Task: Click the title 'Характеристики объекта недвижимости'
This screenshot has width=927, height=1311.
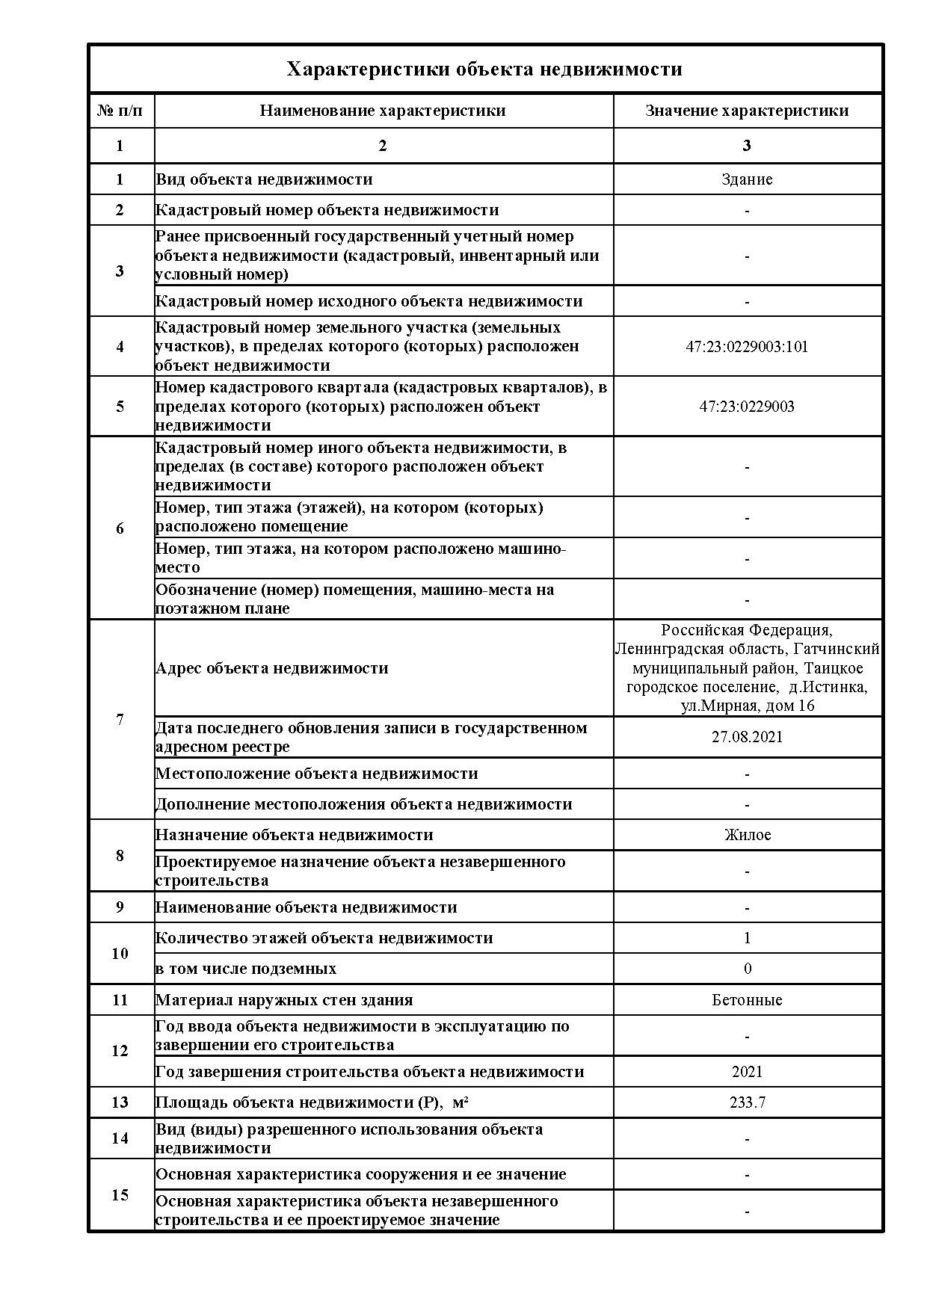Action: [484, 70]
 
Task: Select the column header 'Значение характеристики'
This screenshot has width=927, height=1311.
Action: [747, 111]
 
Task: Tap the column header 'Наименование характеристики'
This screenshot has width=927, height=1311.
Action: [383, 111]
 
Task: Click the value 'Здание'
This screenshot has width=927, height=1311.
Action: [747, 179]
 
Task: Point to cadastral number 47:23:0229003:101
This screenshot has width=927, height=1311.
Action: [747, 347]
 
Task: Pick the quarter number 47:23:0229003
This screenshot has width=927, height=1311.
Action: [747, 407]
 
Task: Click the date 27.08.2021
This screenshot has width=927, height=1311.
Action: [747, 737]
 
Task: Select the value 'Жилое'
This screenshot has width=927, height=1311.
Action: [747, 835]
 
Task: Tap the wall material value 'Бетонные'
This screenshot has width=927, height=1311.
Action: [747, 1000]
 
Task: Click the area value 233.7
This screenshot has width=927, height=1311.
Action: [747, 1102]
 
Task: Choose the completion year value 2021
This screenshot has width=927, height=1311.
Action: [747, 1072]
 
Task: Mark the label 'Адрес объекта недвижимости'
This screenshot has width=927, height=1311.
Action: [272, 668]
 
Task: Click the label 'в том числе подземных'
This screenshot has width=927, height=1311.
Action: [246, 969]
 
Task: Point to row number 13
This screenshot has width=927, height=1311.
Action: [120, 1102]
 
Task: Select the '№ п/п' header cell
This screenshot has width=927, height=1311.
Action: [120, 111]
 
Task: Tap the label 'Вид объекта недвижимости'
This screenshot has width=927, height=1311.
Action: [264, 179]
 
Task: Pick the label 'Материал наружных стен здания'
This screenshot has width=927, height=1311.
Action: [284, 1000]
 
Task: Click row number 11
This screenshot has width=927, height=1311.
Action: [120, 1000]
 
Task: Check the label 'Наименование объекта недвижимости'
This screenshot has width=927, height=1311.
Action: [306, 907]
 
